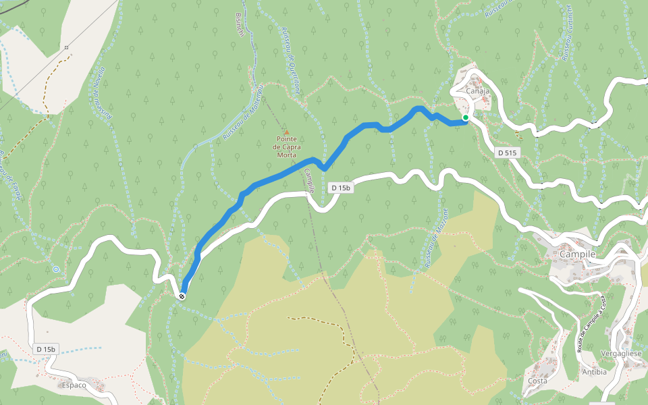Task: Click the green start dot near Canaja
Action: tap(466, 117)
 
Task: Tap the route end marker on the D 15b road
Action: tap(182, 296)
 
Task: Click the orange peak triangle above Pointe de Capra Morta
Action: tap(286, 133)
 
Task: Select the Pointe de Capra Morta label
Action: tap(286, 146)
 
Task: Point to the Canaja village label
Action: tap(477, 92)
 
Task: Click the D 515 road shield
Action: tap(507, 153)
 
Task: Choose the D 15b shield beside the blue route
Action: tap(341, 188)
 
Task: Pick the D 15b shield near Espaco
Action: tap(47, 348)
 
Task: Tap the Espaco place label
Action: tap(74, 385)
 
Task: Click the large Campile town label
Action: tap(577, 254)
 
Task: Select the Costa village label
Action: tap(538, 381)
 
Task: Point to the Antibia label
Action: tap(595, 372)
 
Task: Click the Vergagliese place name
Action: tap(620, 353)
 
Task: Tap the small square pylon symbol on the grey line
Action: tap(67, 47)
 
